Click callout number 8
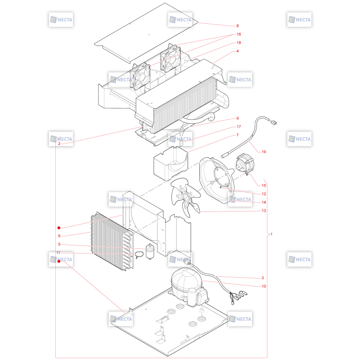[x=238, y=26]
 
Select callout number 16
[x=239, y=34]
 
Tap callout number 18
[x=239, y=43]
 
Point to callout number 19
[x=264, y=152]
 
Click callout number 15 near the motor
[x=264, y=185]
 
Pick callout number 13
[x=264, y=211]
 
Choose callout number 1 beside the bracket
[x=271, y=234]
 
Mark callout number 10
[x=264, y=286]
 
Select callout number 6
[x=59, y=236]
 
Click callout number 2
[x=59, y=144]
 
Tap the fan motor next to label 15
[x=245, y=163]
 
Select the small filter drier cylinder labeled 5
[x=150, y=252]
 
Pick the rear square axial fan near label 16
[x=171, y=58]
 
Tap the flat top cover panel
[x=146, y=33]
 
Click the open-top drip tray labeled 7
[x=171, y=163]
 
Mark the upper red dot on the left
[x=59, y=228]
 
